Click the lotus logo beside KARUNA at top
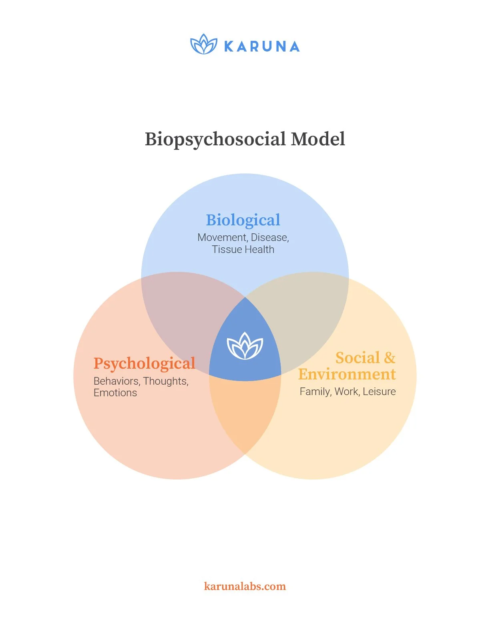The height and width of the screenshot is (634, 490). (203, 44)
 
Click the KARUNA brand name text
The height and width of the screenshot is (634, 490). (262, 46)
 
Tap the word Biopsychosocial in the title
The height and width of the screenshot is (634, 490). (215, 139)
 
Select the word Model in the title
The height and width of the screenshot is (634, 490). (318, 139)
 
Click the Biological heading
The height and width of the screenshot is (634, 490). (243, 220)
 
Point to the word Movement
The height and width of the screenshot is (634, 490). (222, 237)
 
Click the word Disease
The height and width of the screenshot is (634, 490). (269, 237)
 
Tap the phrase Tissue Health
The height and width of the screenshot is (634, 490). (243, 249)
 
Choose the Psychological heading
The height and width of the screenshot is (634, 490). (144, 363)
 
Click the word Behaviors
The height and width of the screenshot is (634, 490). (116, 381)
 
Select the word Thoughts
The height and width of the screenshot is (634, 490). (165, 381)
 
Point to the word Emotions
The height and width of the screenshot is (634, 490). (115, 393)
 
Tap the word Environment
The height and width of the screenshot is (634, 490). (347, 374)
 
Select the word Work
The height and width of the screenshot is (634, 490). (347, 391)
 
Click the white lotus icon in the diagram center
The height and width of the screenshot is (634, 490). (245, 346)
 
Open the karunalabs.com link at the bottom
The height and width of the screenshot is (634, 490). (245, 586)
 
